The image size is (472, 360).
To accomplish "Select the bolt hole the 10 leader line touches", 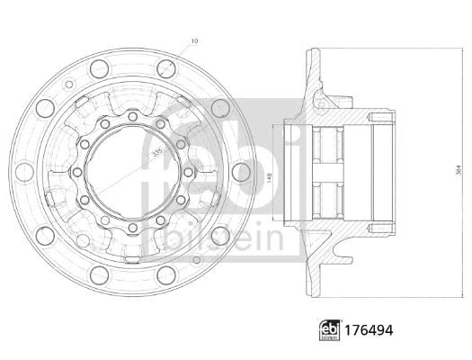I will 166,67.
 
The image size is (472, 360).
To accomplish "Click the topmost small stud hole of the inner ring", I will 132,116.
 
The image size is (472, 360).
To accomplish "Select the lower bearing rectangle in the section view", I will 327,197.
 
